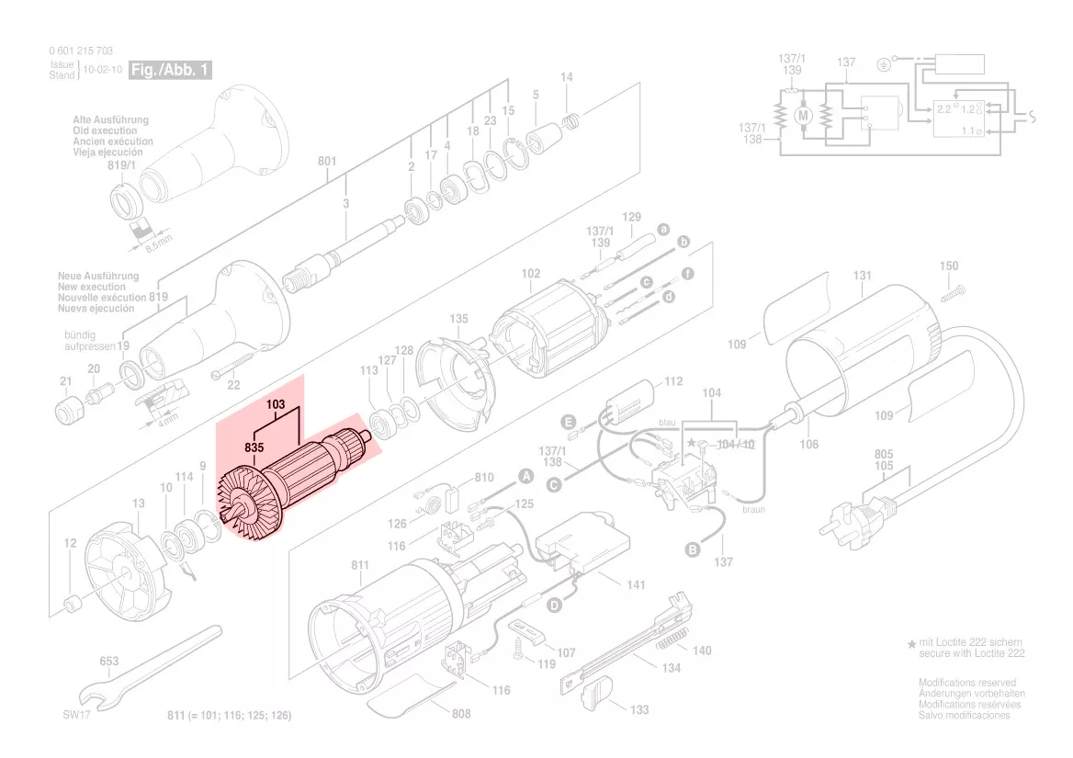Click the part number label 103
[x=277, y=404]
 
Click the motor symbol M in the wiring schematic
[x=804, y=115]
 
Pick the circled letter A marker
[x=526, y=476]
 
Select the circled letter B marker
[x=693, y=549]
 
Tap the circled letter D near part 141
[x=554, y=605]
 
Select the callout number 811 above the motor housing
[x=359, y=565]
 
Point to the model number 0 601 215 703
[x=82, y=51]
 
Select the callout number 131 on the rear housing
[x=862, y=276]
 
